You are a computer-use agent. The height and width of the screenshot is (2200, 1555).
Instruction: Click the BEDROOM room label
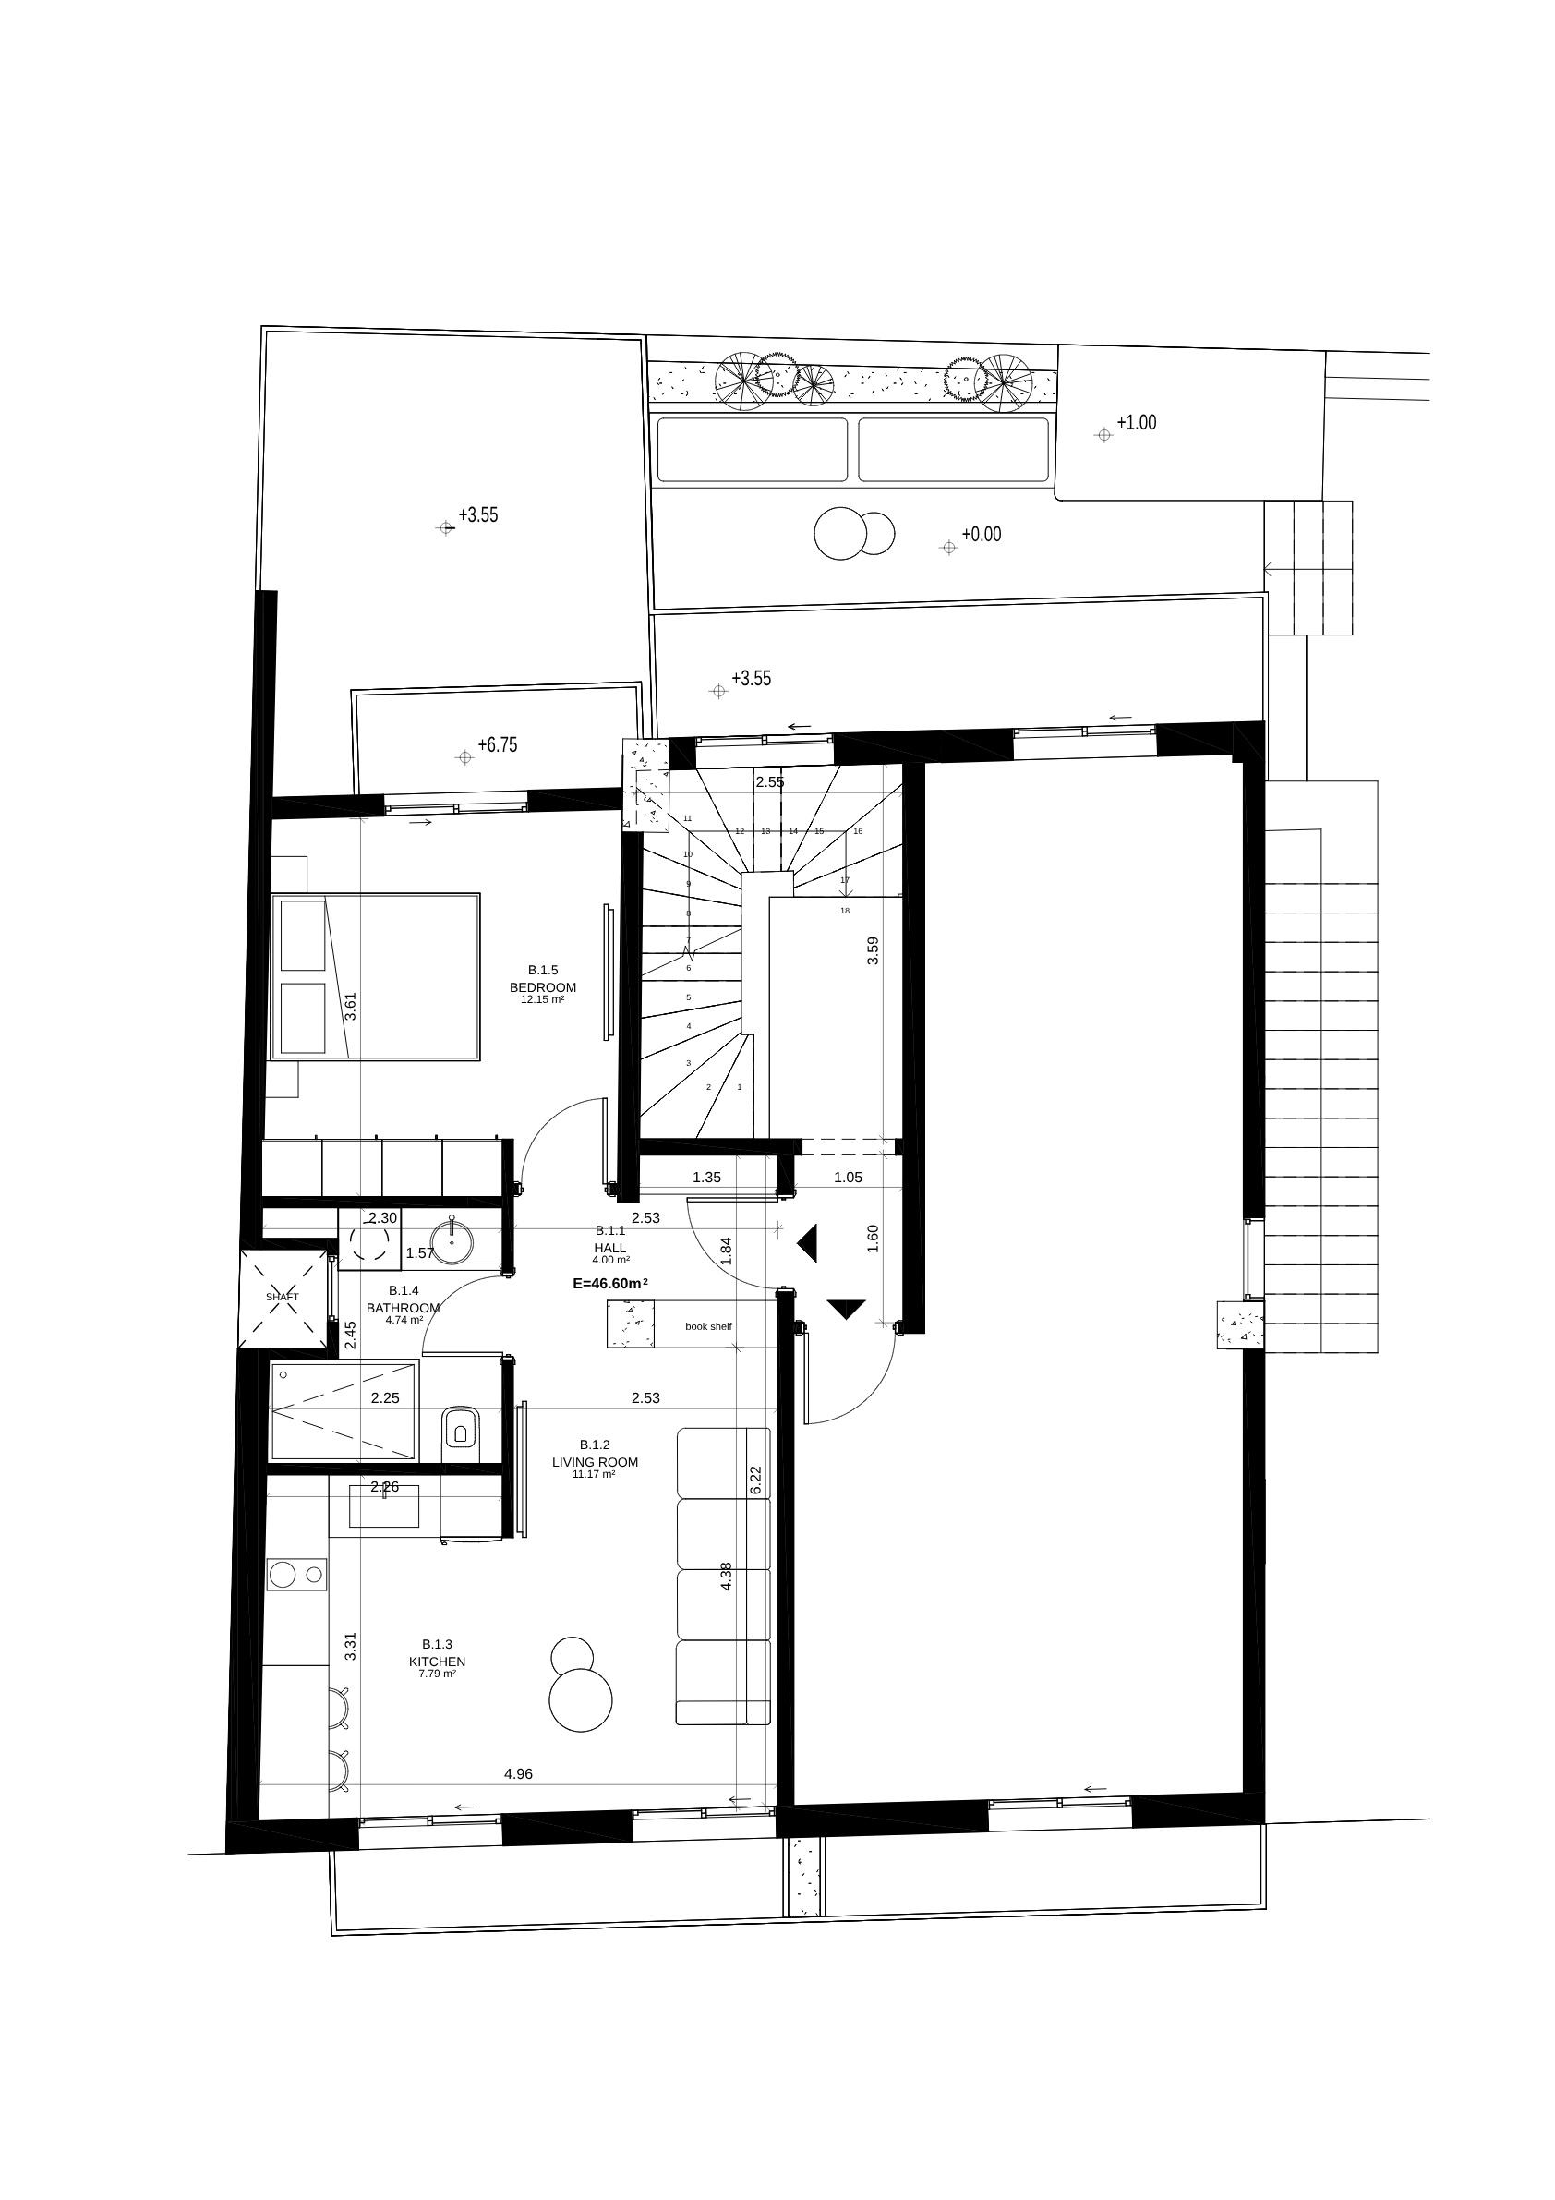542,987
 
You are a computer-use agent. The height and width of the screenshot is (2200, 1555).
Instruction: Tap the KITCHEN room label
437,1662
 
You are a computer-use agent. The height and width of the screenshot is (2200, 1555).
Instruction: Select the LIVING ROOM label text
594,1462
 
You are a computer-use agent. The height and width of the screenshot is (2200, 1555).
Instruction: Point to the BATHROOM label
403,1308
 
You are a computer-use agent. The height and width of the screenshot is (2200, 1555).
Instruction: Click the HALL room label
609,1249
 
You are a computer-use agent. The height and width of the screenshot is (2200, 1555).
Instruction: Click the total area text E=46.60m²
610,1283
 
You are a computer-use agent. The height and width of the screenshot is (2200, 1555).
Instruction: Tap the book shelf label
708,1326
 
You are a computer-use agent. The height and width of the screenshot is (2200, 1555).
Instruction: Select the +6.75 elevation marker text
498,744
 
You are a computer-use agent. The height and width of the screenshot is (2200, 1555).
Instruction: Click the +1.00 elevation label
1137,423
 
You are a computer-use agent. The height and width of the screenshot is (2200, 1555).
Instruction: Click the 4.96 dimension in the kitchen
518,1773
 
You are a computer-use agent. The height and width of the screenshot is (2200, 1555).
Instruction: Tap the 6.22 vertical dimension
755,1480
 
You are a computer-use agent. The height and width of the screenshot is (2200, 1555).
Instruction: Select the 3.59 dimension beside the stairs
872,949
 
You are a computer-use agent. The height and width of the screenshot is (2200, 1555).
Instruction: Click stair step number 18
844,911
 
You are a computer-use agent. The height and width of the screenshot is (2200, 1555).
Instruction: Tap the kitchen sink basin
383,1505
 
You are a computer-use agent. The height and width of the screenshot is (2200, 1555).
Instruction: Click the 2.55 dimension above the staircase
769,782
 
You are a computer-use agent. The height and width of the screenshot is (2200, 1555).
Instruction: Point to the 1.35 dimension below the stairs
706,1178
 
